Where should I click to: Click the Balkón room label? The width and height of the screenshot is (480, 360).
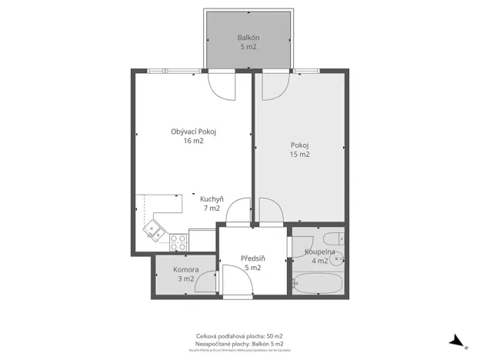point(248,37)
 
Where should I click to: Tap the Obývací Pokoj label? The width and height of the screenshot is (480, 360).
point(193,132)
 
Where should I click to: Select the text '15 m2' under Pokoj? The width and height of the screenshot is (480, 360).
point(300,155)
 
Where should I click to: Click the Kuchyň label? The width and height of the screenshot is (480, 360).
point(211,198)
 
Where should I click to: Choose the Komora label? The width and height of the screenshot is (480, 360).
point(185,270)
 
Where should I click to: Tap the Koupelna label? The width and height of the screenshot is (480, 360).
point(318,252)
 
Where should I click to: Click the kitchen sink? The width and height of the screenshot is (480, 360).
point(156,227)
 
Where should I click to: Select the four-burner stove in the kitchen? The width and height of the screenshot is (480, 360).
point(178,242)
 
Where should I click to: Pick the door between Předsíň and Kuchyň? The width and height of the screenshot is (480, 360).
point(239,211)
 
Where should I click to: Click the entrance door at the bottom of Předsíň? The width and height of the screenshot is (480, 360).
point(237,280)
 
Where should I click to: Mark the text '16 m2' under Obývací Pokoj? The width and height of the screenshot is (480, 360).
point(193,141)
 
